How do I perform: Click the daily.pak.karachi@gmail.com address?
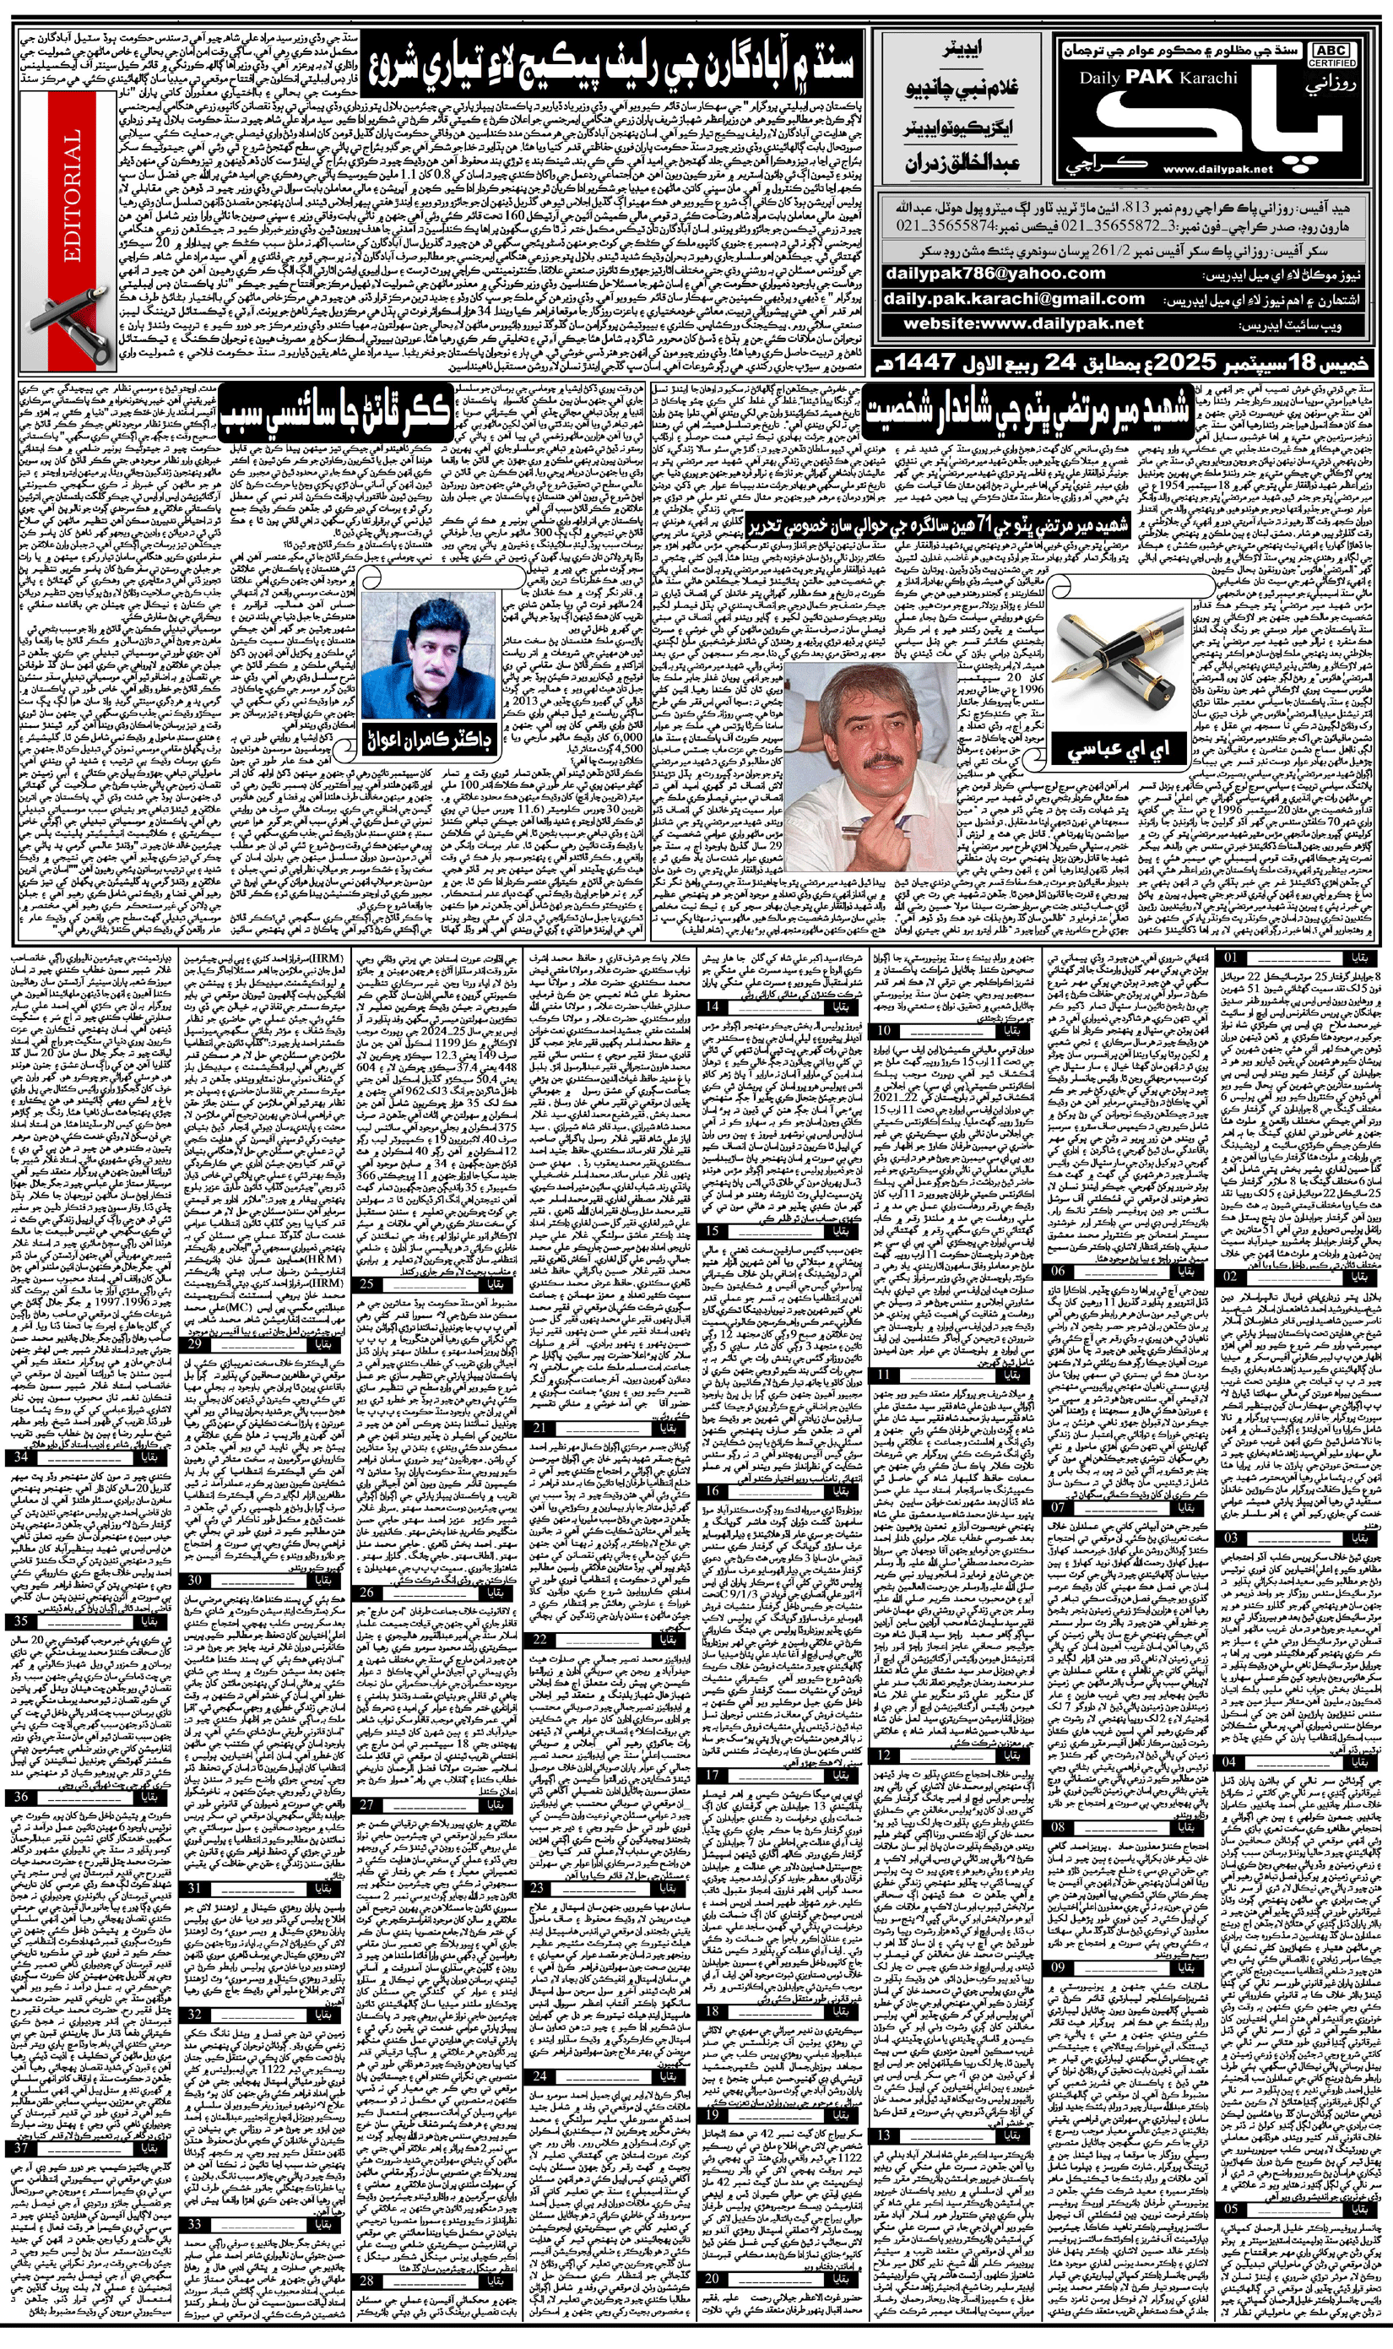click(1014, 299)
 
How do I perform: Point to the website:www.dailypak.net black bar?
click(1022, 324)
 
